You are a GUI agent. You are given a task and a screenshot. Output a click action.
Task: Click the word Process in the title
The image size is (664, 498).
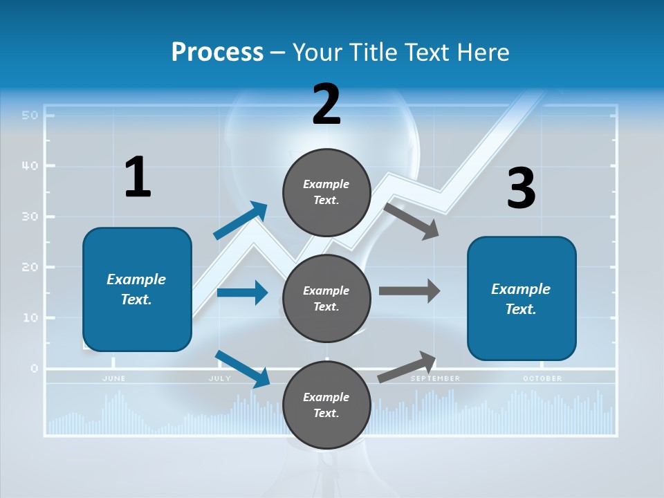pyautogui.click(x=217, y=52)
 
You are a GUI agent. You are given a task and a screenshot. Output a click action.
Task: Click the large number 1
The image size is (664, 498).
pyautogui.click(x=138, y=177)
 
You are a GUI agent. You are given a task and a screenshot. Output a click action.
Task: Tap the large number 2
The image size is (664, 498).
pyautogui.click(x=326, y=104)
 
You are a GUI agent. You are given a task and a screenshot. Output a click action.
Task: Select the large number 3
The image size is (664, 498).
pyautogui.click(x=521, y=189)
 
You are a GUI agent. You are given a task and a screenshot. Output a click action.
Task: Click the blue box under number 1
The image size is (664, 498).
pyautogui.click(x=137, y=289)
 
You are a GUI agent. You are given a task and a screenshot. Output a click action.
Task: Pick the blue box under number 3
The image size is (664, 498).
pyautogui.click(x=522, y=298)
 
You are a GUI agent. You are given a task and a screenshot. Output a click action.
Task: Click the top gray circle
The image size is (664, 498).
pyautogui.click(x=326, y=192)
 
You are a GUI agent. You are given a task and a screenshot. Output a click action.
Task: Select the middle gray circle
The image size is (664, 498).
pyautogui.click(x=326, y=298)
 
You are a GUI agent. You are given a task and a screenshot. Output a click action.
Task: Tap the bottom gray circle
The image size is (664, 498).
pyautogui.click(x=326, y=405)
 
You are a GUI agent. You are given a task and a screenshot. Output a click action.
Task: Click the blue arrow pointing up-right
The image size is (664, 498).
pyautogui.click(x=241, y=220)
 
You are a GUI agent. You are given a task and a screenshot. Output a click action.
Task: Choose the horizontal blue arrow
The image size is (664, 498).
pyautogui.click(x=242, y=293)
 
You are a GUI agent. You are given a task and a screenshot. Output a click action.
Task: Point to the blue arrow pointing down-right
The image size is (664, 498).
pyautogui.click(x=243, y=369)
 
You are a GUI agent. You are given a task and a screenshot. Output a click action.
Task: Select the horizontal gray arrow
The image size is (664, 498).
pyautogui.click(x=409, y=290)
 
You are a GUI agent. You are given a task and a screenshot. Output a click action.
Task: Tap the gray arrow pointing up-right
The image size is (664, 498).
pyautogui.click(x=407, y=367)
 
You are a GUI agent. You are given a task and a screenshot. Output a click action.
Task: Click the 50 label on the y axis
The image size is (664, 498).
pyautogui.click(x=29, y=115)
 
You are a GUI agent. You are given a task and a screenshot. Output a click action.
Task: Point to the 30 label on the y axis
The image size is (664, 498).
pyautogui.click(x=29, y=216)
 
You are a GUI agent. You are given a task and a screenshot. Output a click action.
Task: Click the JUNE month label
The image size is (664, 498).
pyautogui.click(x=114, y=378)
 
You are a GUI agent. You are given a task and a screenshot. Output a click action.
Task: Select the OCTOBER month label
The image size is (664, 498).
pyautogui.click(x=542, y=378)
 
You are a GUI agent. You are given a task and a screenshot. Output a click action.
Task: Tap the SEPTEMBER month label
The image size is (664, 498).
pyautogui.click(x=435, y=378)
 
